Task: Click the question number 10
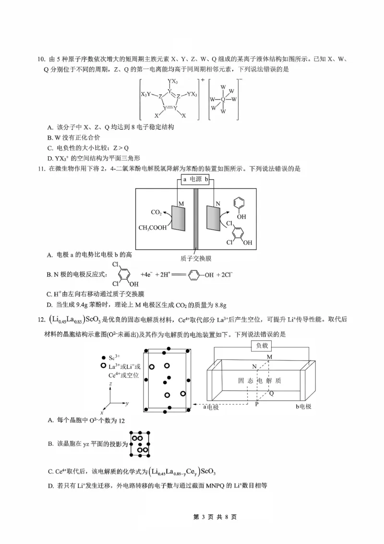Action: pos(41,60)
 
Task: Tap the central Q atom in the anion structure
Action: pos(223,100)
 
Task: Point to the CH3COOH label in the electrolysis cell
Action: pos(153,228)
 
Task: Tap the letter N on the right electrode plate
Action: pos(217,203)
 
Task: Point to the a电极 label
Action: pos(211,407)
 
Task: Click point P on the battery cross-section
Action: pos(257,404)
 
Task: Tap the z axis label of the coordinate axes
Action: pos(110,384)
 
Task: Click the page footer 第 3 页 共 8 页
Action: pos(214,517)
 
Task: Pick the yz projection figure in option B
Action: pos(140,443)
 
